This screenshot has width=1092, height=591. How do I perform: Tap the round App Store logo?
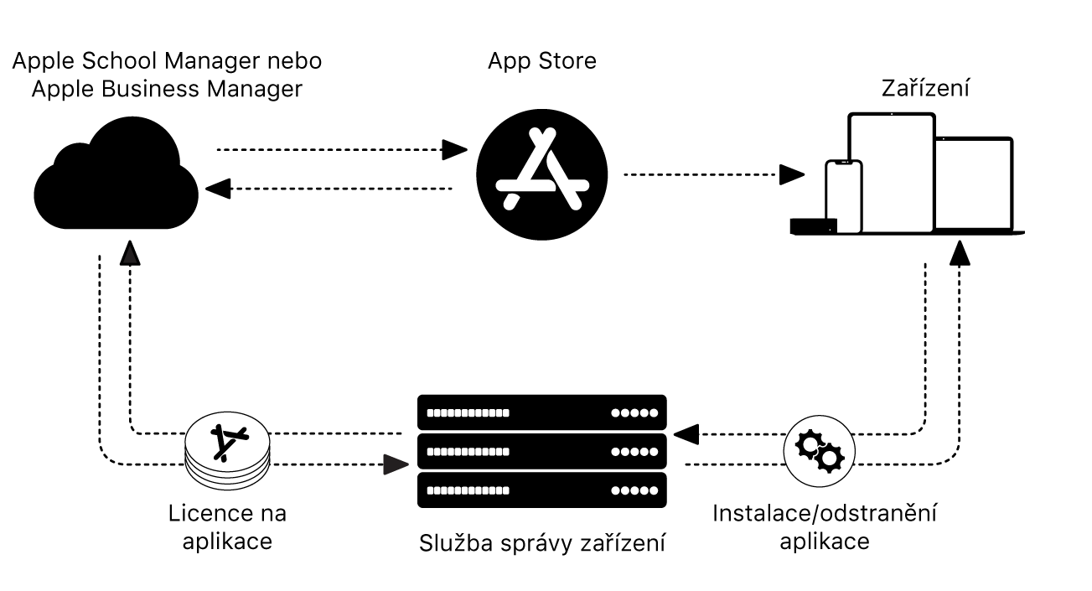pyautogui.click(x=542, y=175)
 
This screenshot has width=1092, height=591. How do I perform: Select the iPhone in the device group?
pyautogui.click(x=843, y=196)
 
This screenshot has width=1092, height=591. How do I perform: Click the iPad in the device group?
pyautogui.click(x=891, y=171)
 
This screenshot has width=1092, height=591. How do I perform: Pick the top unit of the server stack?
pyautogui.click(x=541, y=412)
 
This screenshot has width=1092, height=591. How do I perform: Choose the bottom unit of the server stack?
pyautogui.click(x=541, y=490)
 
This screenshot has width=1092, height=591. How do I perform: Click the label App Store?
pyautogui.click(x=542, y=61)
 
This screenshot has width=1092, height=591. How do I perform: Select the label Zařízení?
pyautogui.click(x=925, y=88)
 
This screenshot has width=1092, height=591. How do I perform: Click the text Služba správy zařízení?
pyautogui.click(x=542, y=544)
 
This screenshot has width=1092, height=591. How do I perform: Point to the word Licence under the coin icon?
pyautogui.click(x=202, y=512)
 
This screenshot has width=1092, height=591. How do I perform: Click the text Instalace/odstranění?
pyautogui.click(x=825, y=512)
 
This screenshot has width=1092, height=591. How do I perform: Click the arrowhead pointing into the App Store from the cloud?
pyautogui.click(x=455, y=150)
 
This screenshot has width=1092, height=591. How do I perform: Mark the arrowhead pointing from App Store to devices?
pyautogui.click(x=792, y=174)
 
